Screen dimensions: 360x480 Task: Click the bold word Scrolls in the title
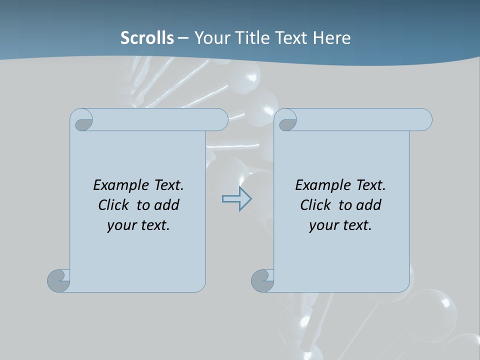pyautogui.click(x=147, y=37)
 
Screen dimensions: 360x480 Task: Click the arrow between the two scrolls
pyautogui.click(x=236, y=198)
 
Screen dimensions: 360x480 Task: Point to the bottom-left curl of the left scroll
pyautogui.click(x=58, y=280)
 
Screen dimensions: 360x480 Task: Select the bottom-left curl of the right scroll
pyautogui.click(x=262, y=280)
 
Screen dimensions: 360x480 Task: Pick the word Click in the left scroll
pyautogui.click(x=113, y=205)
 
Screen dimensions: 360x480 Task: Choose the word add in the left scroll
pyautogui.click(x=167, y=205)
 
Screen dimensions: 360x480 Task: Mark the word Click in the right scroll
pyautogui.click(x=315, y=205)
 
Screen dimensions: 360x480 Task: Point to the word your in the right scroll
pyautogui.click(x=323, y=225)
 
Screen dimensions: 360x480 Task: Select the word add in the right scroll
pyautogui.click(x=369, y=205)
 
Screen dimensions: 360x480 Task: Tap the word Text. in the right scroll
pyautogui.click(x=370, y=185)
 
